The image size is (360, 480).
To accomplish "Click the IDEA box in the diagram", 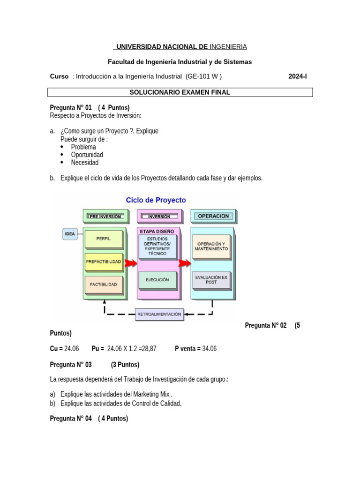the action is pos(70,234).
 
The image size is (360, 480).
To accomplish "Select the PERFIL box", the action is pos(103,239).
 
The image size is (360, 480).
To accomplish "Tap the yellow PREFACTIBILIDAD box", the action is pos(104,261).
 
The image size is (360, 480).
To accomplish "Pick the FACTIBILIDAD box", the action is pos(104,284).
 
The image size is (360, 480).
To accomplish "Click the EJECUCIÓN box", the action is pos(157,280).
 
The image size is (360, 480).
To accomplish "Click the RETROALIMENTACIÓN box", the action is pos(159,315).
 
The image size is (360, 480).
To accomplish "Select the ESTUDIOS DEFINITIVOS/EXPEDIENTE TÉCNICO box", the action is pos(157,246).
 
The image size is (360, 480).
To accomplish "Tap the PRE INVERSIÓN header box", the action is pos(105,217).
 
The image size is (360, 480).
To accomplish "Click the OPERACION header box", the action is pos(213,216).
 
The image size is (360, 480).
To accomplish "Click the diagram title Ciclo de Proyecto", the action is pos(156,200).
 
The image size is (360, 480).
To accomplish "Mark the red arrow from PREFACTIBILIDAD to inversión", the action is pos(131,263).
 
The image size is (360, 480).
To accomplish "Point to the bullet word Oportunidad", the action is pos(87,155).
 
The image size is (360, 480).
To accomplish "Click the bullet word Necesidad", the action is pos(85,163).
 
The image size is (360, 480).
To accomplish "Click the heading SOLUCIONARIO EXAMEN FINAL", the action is pos(180,92).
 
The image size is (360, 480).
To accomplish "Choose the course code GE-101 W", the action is pos(203,76).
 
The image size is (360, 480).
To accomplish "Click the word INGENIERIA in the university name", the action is pos(228,47).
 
